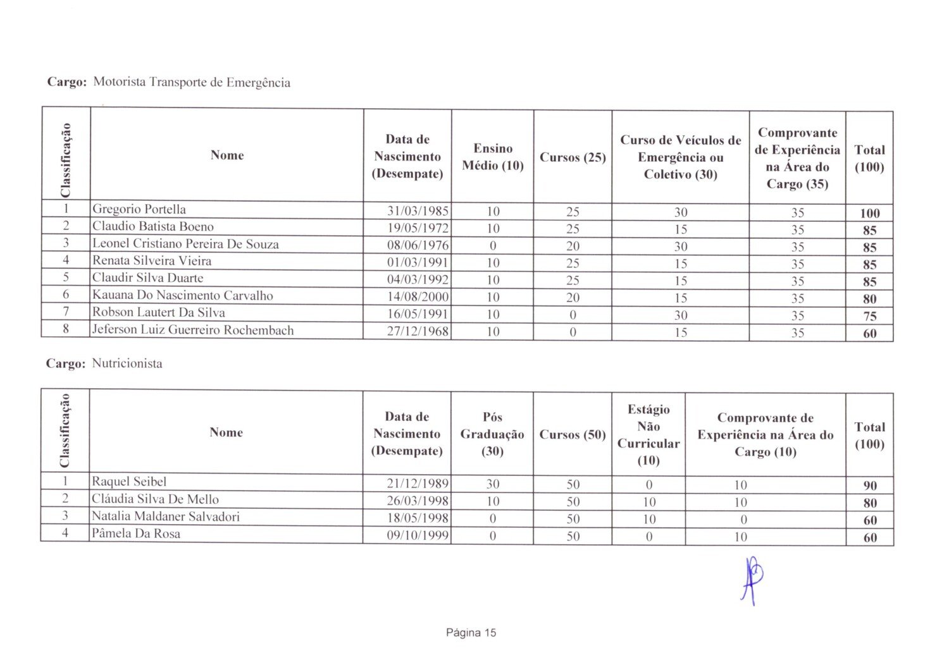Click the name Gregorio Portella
click(x=139, y=209)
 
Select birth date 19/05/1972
click(x=418, y=228)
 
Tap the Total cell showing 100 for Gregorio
click(x=869, y=213)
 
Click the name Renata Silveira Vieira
click(x=152, y=260)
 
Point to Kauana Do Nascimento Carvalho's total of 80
click(x=869, y=299)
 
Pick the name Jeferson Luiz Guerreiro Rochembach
click(x=193, y=330)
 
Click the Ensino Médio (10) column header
click(x=493, y=157)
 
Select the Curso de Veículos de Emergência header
click(x=680, y=157)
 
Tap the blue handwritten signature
click(x=752, y=578)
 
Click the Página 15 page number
click(x=471, y=633)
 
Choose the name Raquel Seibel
click(x=129, y=482)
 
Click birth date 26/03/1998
click(x=418, y=501)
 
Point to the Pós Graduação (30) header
click(x=492, y=434)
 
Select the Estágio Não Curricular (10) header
click(x=648, y=434)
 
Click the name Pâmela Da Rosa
click(x=136, y=533)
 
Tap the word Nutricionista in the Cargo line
click(x=127, y=363)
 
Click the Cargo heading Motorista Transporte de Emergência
click(x=191, y=82)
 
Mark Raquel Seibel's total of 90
click(x=870, y=485)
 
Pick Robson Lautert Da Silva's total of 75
click(x=869, y=316)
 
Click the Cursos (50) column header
click(x=573, y=434)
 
